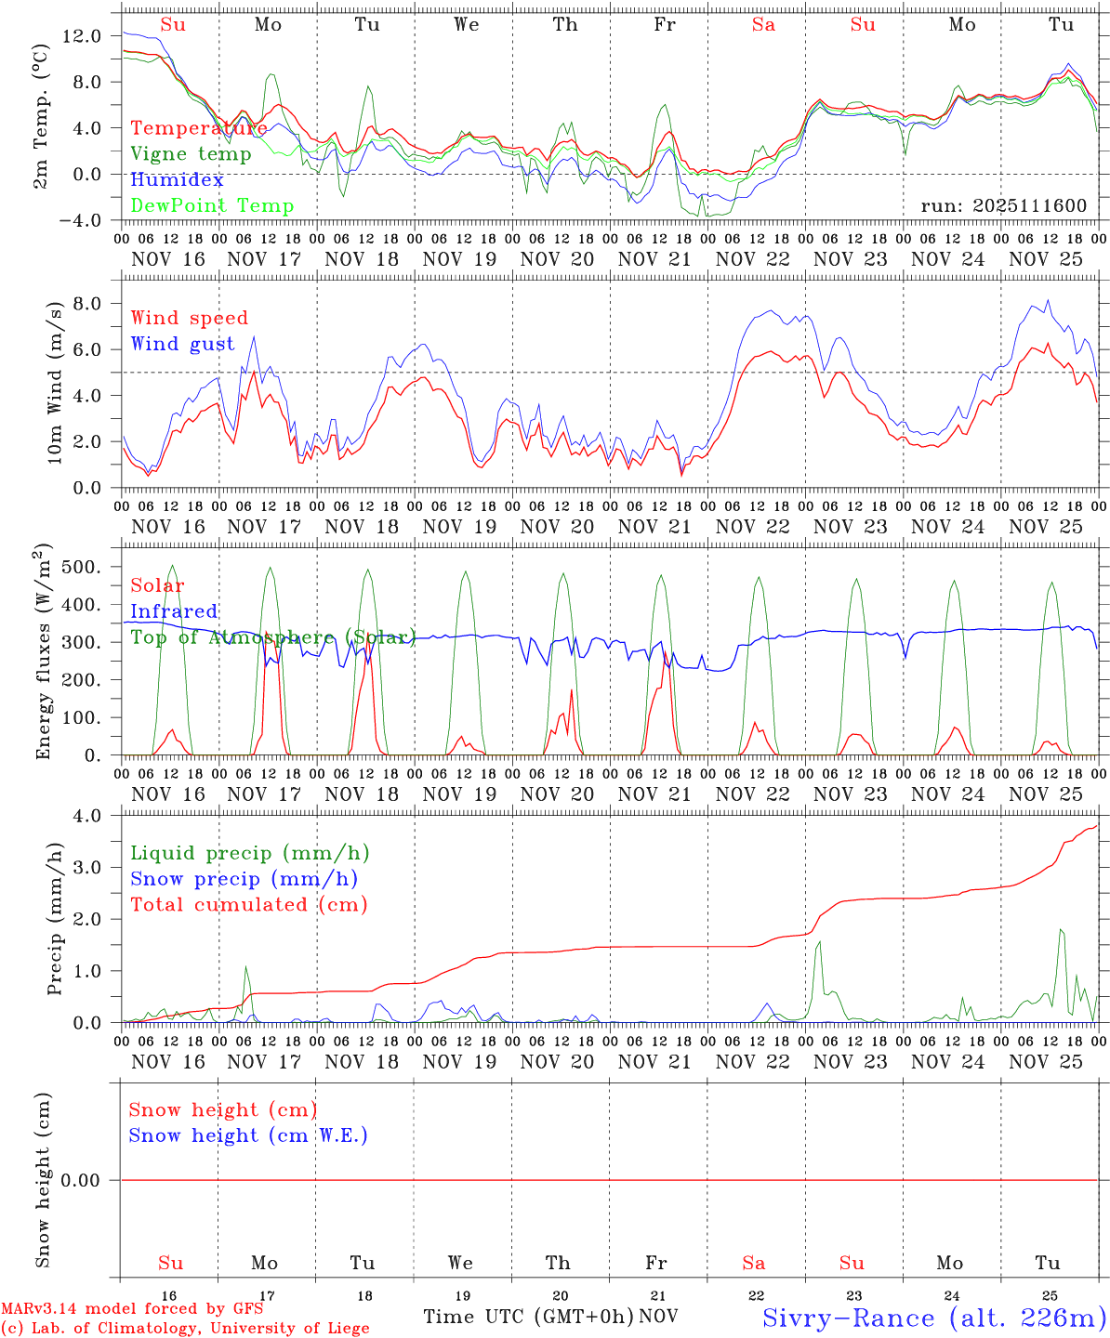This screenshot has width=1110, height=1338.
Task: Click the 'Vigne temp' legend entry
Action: [x=191, y=154]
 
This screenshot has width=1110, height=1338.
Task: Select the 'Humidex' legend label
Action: [x=177, y=180]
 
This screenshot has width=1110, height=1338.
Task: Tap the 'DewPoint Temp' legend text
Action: [x=212, y=206]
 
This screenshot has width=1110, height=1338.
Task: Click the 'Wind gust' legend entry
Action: [x=182, y=345]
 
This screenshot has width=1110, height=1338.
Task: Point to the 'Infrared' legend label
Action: [x=174, y=611]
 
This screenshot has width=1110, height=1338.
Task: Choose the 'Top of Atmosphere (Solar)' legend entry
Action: [x=272, y=637]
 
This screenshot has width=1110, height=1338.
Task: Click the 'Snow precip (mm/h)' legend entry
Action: [x=244, y=879]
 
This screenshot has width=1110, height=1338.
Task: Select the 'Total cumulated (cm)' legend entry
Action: [x=248, y=905]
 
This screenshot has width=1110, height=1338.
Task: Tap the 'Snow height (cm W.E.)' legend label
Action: [x=247, y=1135]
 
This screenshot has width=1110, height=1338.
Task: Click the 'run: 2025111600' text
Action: [x=1003, y=206]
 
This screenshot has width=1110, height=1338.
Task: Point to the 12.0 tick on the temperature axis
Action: [x=82, y=36]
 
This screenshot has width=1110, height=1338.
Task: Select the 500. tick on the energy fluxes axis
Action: [x=80, y=567]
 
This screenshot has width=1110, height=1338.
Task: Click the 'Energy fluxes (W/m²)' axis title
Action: [x=44, y=654]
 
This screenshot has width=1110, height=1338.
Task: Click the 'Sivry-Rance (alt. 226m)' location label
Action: [x=933, y=1318]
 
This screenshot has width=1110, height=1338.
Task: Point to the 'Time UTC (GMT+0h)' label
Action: [x=528, y=1317]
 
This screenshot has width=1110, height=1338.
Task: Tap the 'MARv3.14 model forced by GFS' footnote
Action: [x=132, y=1309]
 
